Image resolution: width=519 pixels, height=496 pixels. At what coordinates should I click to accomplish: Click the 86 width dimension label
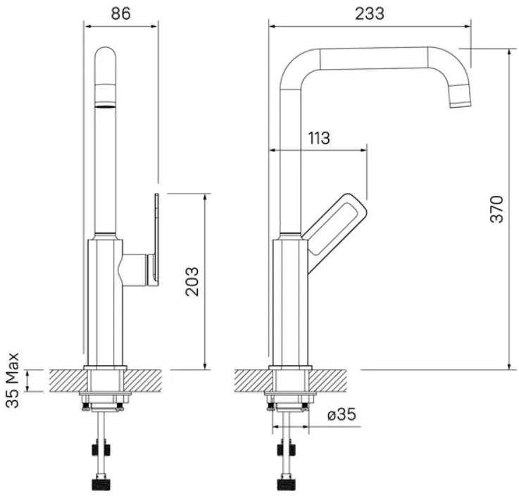(121, 14)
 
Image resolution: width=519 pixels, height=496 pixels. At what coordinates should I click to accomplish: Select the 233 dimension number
(370, 14)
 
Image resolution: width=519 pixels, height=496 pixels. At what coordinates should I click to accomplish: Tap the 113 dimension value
(319, 138)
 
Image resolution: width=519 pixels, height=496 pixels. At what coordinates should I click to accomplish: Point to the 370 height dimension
(497, 209)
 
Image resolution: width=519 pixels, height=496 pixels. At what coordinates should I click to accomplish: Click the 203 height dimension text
(192, 281)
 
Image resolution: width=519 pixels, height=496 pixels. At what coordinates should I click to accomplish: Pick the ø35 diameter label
(342, 414)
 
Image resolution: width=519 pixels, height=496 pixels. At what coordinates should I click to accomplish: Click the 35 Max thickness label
(13, 380)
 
